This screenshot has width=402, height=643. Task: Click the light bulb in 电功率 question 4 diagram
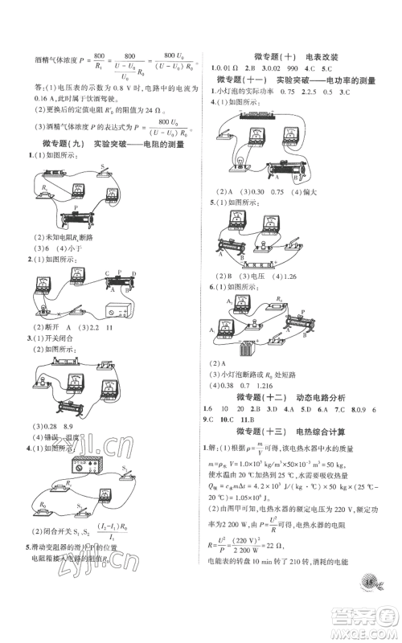236,162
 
